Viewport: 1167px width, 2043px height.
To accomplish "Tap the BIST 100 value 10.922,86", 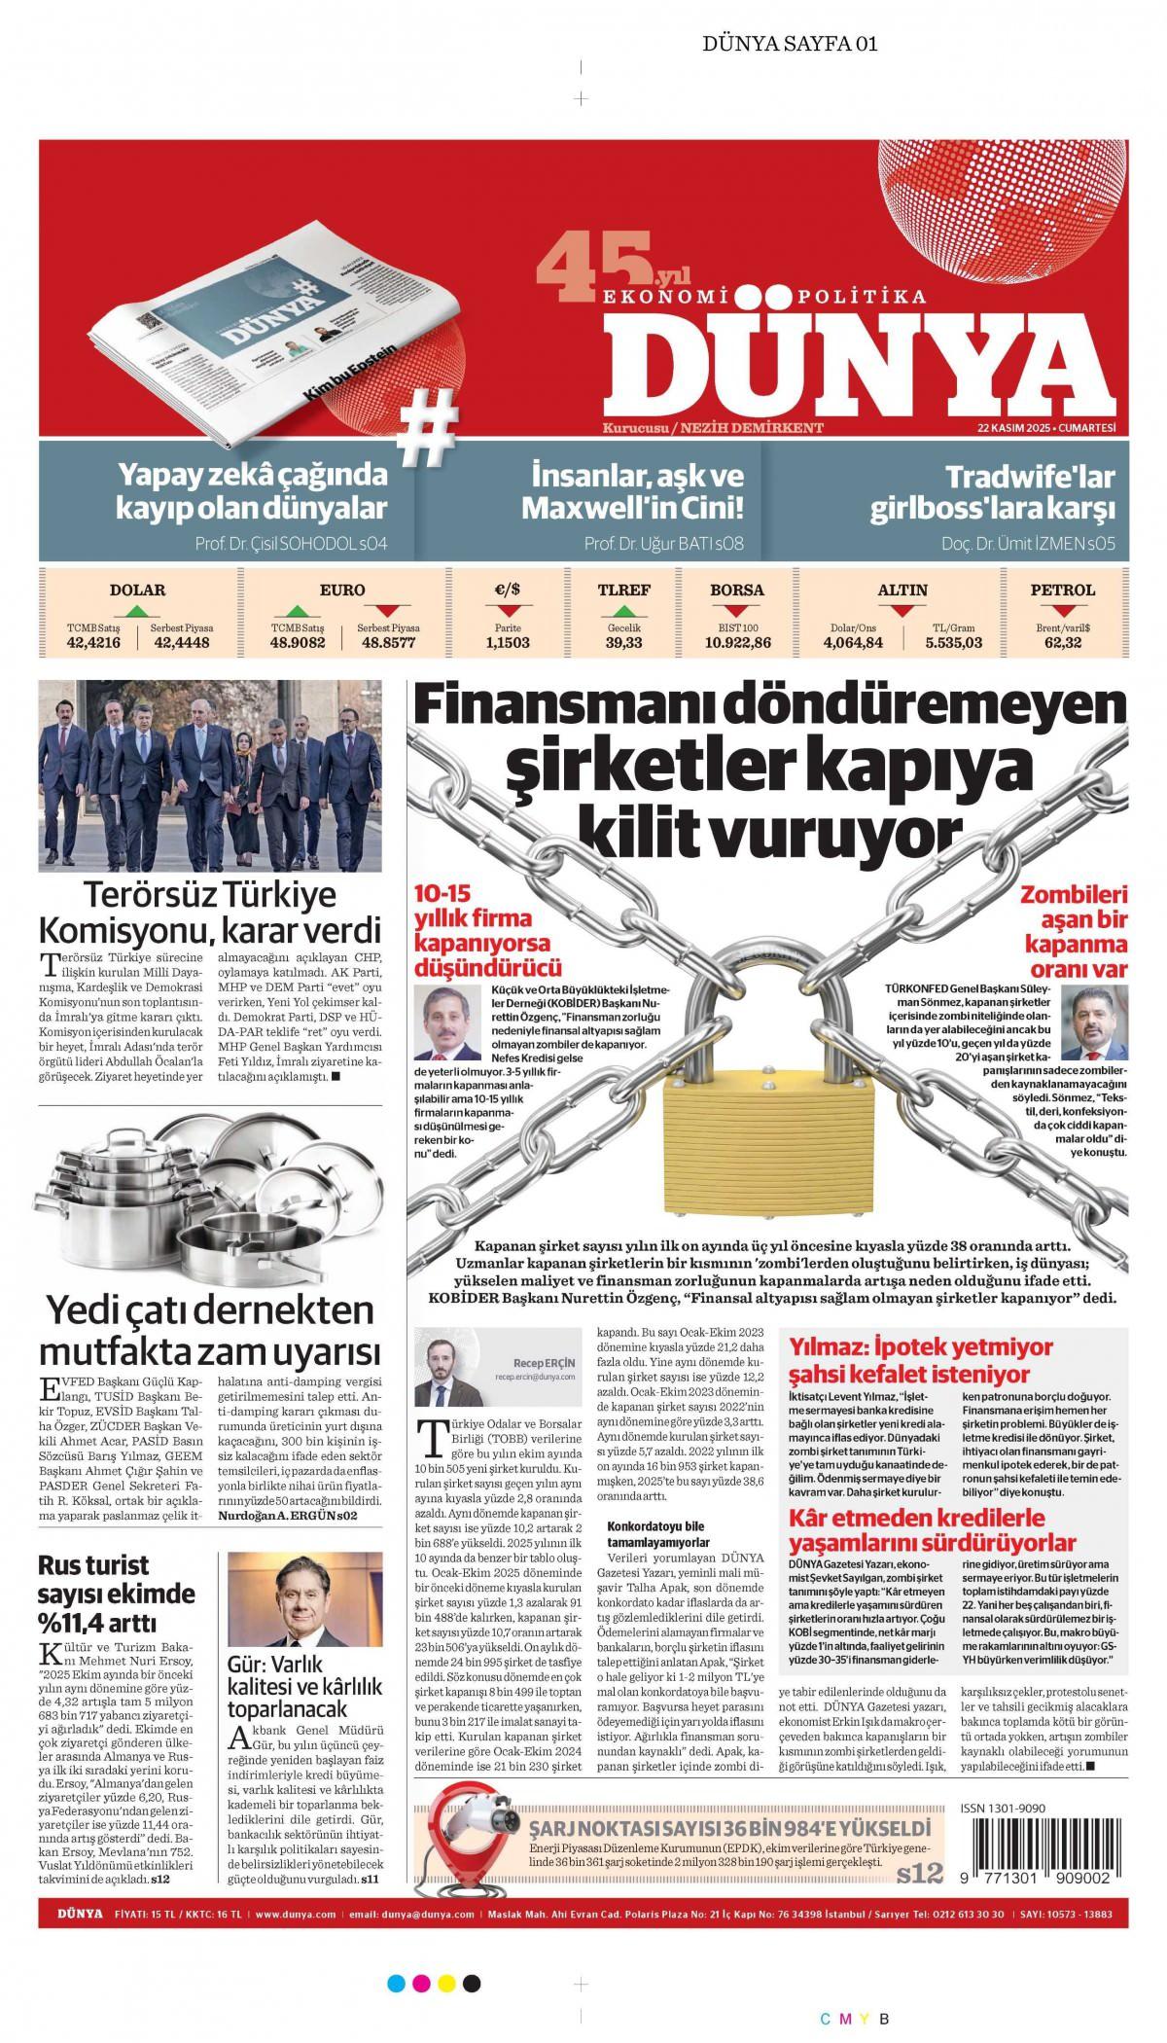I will click(x=737, y=642).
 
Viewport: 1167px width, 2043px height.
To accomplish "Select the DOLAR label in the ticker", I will click(x=137, y=590).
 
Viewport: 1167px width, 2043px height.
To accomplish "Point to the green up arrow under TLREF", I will click(x=623, y=612).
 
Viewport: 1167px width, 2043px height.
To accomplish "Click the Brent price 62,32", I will click(x=1063, y=642).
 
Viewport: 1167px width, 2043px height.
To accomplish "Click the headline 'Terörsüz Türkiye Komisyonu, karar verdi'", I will click(x=208, y=911).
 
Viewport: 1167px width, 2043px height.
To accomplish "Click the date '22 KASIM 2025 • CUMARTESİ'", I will click(x=1045, y=428).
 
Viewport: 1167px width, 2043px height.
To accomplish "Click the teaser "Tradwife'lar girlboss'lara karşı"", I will click(x=992, y=492).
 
